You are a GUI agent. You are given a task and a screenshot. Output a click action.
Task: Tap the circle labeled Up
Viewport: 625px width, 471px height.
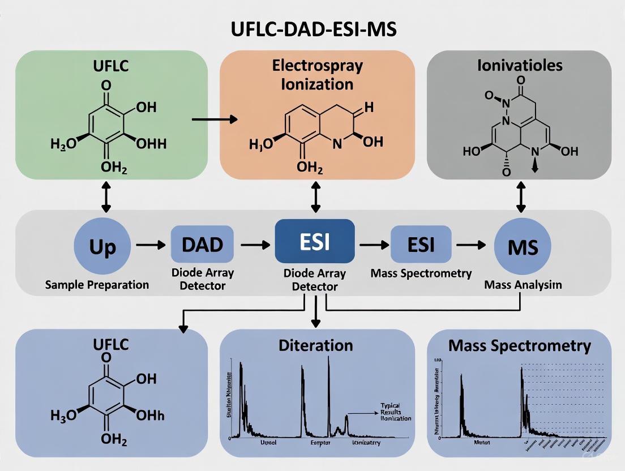pos(102,247)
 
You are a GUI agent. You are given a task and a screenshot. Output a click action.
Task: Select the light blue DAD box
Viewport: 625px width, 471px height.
pos(202,245)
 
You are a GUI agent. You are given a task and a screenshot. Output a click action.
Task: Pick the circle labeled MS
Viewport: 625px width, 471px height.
pos(523,247)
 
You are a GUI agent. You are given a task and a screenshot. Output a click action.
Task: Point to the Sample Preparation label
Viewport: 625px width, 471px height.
pos(97,284)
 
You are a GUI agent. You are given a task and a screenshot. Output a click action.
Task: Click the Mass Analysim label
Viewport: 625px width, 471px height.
pos(523,285)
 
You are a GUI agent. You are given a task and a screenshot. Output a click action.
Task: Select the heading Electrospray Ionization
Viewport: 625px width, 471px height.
pos(317,74)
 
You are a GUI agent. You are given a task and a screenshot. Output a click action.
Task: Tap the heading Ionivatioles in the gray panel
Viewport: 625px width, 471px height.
pos(519,65)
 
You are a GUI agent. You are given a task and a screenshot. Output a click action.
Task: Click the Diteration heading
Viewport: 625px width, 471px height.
pos(315,345)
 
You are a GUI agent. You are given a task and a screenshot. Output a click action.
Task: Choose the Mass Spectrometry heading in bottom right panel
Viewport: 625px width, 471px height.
pos(519,346)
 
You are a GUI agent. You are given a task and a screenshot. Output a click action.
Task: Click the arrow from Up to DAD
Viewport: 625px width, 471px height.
pos(149,245)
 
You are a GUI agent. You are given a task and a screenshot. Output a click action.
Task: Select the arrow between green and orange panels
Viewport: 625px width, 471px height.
pos(215,119)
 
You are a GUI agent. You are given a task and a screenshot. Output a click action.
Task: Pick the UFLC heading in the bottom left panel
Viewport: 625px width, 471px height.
pos(110,344)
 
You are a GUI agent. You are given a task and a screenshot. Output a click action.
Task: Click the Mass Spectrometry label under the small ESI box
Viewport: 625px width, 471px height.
pos(421,273)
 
